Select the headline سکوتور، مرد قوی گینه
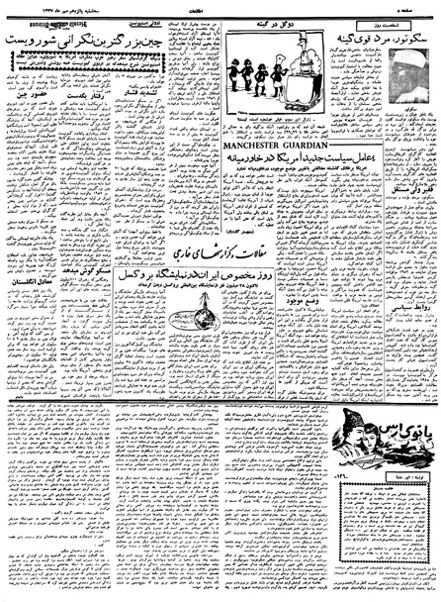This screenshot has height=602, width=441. [x=381, y=44]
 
